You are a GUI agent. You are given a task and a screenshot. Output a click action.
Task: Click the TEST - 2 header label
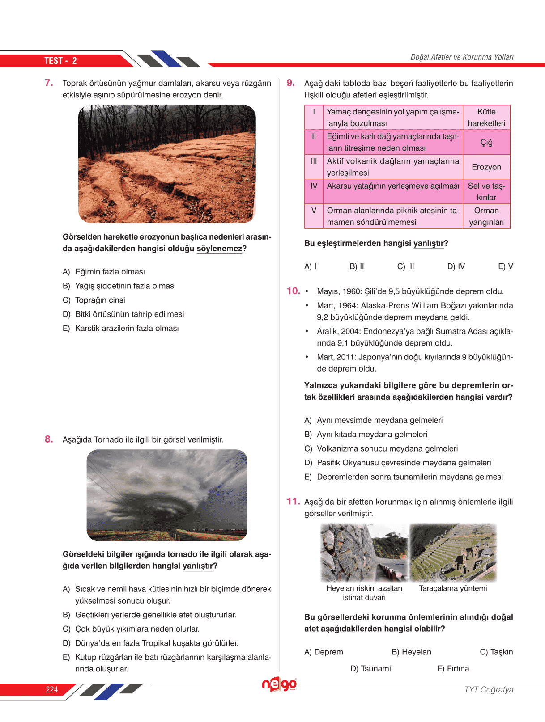pyautogui.click(x=60, y=61)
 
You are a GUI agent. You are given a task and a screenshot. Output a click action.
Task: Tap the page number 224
pyautogui.click(x=52, y=689)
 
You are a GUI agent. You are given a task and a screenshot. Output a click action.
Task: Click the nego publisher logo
pyautogui.click(x=279, y=684)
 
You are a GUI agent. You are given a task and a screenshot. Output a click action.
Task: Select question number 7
pyautogui.click(x=49, y=83)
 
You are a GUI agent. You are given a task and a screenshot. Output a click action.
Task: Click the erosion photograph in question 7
pyautogui.click(x=167, y=164)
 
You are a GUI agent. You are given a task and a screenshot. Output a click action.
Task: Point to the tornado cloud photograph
pyautogui.click(x=167, y=495)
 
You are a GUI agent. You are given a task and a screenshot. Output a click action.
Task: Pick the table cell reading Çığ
pyautogui.click(x=486, y=142)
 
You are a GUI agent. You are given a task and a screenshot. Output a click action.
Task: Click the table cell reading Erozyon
pyautogui.click(x=486, y=167)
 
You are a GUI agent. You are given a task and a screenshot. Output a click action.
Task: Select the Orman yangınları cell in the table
pyautogui.click(x=486, y=216)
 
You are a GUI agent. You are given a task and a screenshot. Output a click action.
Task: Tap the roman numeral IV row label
pyautogui.click(x=314, y=186)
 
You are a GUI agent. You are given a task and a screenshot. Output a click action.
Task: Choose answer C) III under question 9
pyautogui.click(x=406, y=266)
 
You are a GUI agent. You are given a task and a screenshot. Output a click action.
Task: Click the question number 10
pyautogui.click(x=293, y=291)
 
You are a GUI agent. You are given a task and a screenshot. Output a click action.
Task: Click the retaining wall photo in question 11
pyautogui.click(x=364, y=553)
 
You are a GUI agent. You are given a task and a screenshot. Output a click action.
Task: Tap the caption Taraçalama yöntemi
pyautogui.click(x=453, y=588)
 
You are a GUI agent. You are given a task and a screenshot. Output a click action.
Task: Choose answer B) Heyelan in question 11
pyautogui.click(x=411, y=652)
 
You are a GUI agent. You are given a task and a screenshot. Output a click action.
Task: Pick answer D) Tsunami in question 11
pyautogui.click(x=370, y=669)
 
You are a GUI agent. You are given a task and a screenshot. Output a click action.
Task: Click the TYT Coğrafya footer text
pyautogui.click(x=489, y=689)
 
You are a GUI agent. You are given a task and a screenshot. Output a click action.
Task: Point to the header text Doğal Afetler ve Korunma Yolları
pyautogui.click(x=462, y=57)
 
